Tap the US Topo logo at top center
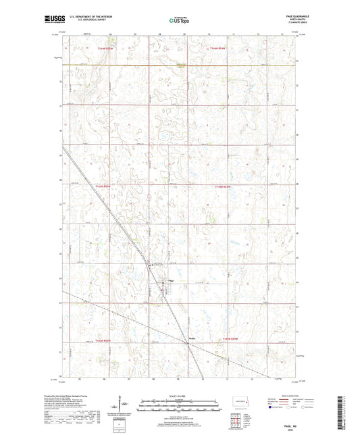pos(179,21)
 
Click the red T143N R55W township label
pos(101,186)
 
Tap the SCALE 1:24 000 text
pos(179,396)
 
